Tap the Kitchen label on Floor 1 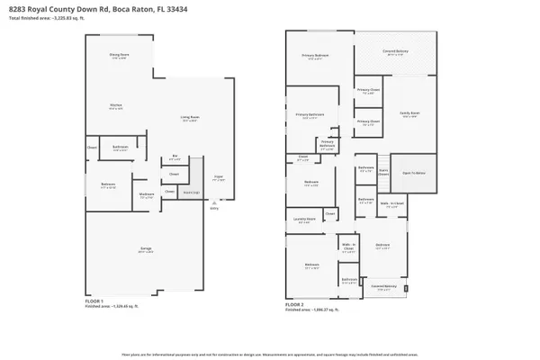(116, 106)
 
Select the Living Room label (190, 118)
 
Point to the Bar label (175, 158)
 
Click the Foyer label (218, 179)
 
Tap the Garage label (146, 251)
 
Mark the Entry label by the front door (213, 208)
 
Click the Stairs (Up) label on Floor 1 (192, 191)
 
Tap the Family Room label (409, 114)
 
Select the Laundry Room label (305, 219)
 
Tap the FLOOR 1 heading (94, 301)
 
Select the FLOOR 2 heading (295, 304)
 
